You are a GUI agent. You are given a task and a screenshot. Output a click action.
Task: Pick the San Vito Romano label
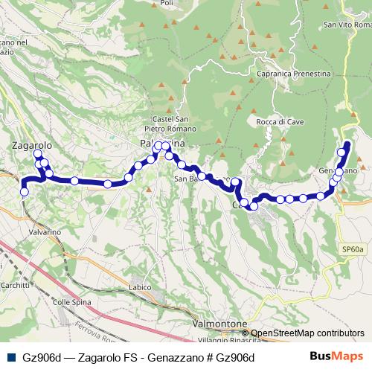click(346, 25)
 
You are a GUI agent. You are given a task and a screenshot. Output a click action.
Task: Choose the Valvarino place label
click(45, 232)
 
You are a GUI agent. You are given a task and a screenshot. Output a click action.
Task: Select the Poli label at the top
click(167, 3)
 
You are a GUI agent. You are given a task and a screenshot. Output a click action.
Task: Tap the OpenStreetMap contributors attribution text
click(307, 333)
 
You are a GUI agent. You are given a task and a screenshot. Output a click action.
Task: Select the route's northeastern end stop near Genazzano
click(347, 144)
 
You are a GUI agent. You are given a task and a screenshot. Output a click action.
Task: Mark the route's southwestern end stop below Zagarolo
click(24, 192)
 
